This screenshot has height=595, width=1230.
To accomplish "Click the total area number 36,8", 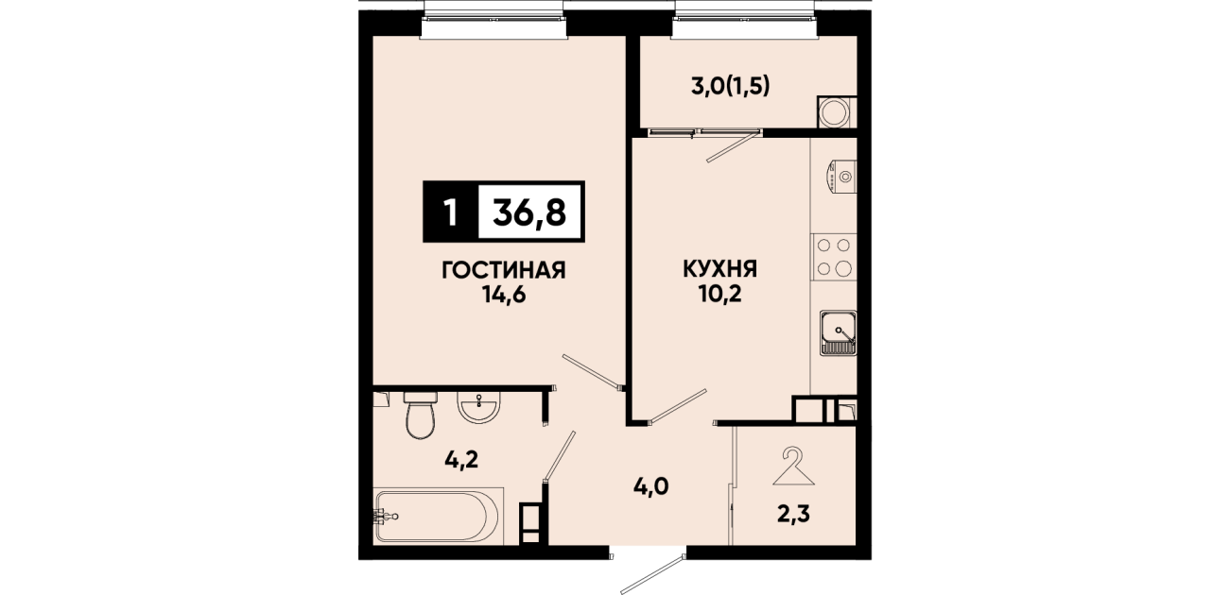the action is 529,212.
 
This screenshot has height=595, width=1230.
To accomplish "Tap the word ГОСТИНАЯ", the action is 504,270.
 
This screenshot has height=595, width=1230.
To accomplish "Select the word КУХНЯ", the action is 719,269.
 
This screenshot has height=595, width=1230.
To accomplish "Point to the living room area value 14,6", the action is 504,297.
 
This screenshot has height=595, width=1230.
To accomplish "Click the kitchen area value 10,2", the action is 719,295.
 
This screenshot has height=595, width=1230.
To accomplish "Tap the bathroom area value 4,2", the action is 461,460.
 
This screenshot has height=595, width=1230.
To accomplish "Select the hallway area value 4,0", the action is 652,486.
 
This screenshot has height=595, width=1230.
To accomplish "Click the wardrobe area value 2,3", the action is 793,515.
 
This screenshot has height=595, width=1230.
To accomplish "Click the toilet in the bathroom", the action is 421,416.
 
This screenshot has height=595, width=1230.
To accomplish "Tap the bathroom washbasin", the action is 479,407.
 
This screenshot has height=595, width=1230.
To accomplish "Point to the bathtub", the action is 439,516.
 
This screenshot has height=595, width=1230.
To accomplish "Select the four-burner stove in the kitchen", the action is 834,257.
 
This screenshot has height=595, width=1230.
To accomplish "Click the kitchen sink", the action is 839,332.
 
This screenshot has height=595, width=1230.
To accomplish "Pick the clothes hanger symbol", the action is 794,467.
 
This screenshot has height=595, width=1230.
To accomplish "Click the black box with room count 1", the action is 451,212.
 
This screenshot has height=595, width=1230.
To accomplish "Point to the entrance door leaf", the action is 652,574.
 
